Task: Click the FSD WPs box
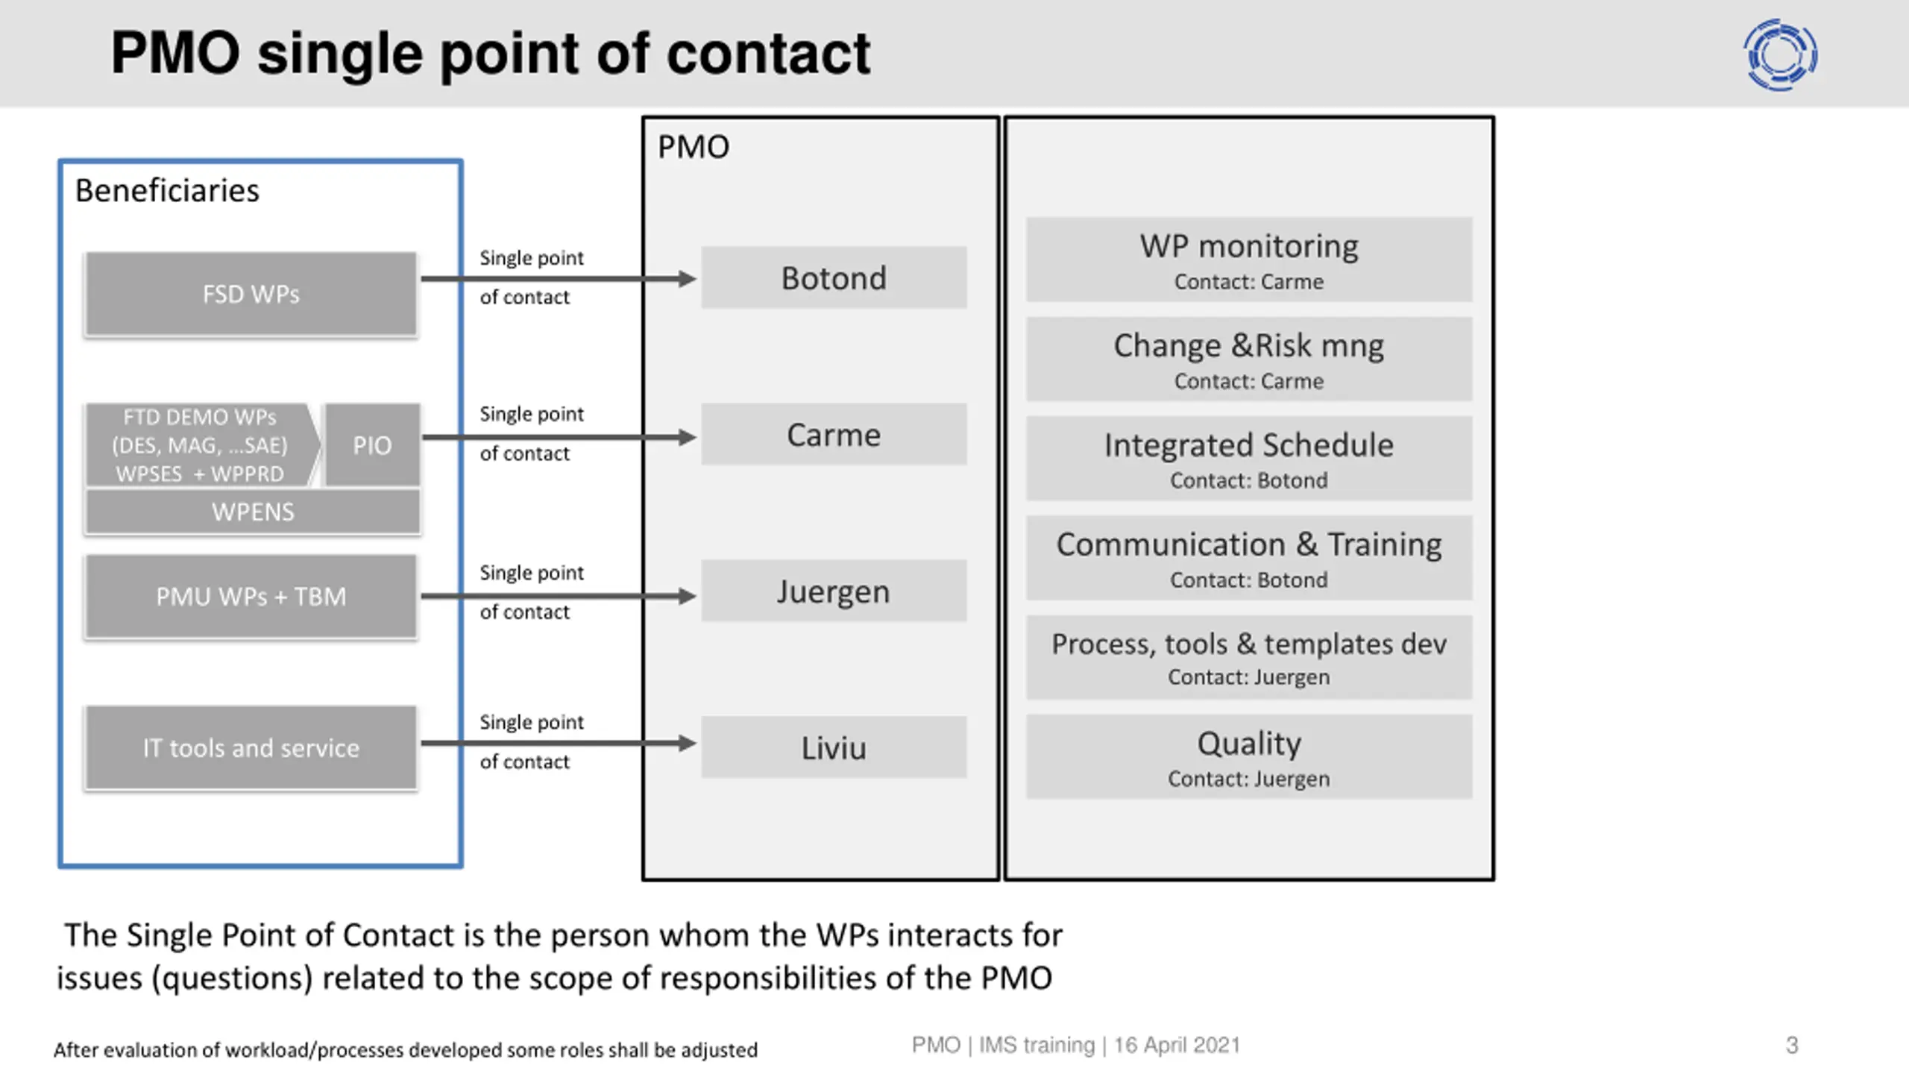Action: [251, 294]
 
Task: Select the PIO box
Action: [372, 445]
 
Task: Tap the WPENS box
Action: [253, 512]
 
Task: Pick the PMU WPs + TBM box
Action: [251, 596]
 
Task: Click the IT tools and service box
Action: [251, 747]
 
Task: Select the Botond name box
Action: [834, 277]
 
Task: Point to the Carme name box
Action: [834, 434]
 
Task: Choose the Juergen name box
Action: [834, 591]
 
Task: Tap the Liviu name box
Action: [834, 747]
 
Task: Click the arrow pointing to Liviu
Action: [559, 743]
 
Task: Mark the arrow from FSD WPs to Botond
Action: [559, 279]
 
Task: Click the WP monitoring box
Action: [1249, 260]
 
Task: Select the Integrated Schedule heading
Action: [1249, 445]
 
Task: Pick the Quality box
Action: [1249, 757]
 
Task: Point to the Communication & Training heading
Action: [1249, 544]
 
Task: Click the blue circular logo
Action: [1781, 55]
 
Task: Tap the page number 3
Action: [1792, 1046]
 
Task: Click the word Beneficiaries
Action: [167, 191]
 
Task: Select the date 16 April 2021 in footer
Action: [1177, 1045]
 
